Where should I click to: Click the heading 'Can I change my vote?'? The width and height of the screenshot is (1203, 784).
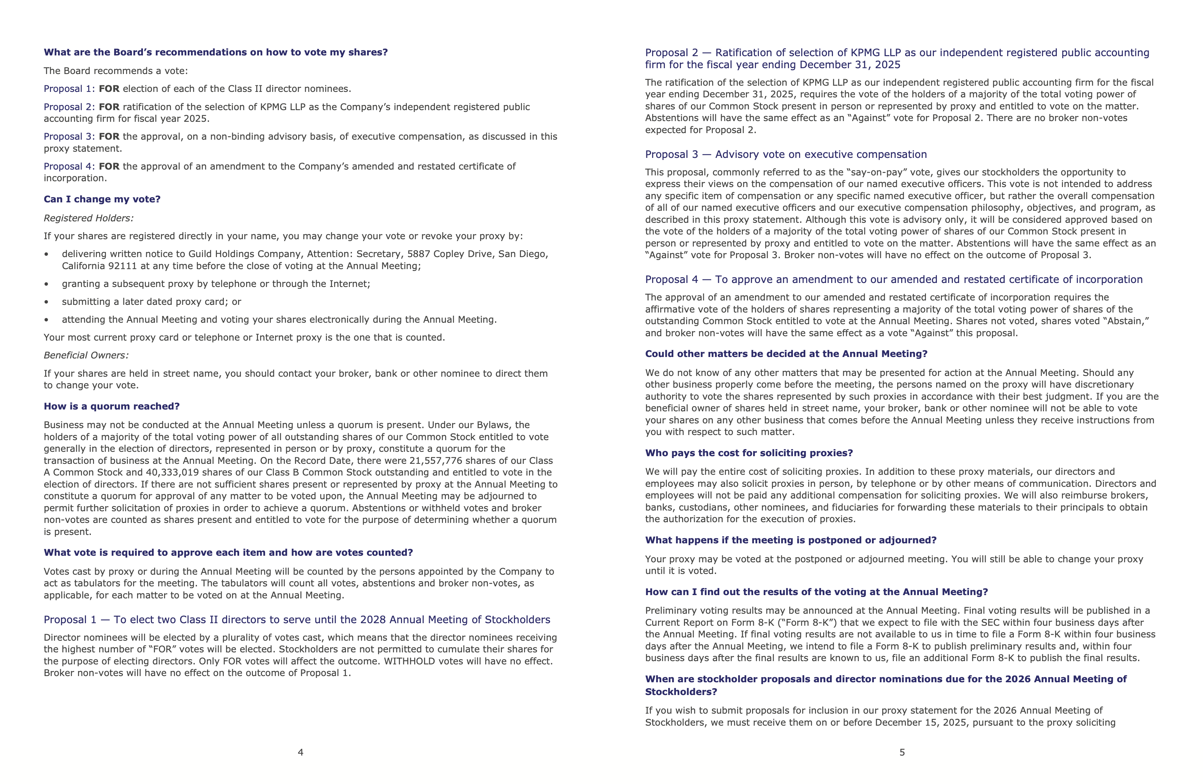102,199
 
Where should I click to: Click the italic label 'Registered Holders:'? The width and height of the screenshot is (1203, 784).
89,218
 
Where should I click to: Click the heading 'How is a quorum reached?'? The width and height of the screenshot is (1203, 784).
111,407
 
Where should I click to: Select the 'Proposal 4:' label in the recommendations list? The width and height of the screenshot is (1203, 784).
69,166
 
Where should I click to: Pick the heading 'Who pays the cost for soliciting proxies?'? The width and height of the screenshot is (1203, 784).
748,453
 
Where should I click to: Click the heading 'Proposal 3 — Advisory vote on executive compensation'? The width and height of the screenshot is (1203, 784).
786,154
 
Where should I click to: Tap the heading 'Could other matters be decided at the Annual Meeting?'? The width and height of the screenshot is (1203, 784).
786,354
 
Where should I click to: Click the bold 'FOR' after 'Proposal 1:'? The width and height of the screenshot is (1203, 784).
109,89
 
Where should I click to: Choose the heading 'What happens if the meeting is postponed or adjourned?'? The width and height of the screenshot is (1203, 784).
791,540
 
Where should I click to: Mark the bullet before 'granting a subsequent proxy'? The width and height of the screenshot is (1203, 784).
47,284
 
